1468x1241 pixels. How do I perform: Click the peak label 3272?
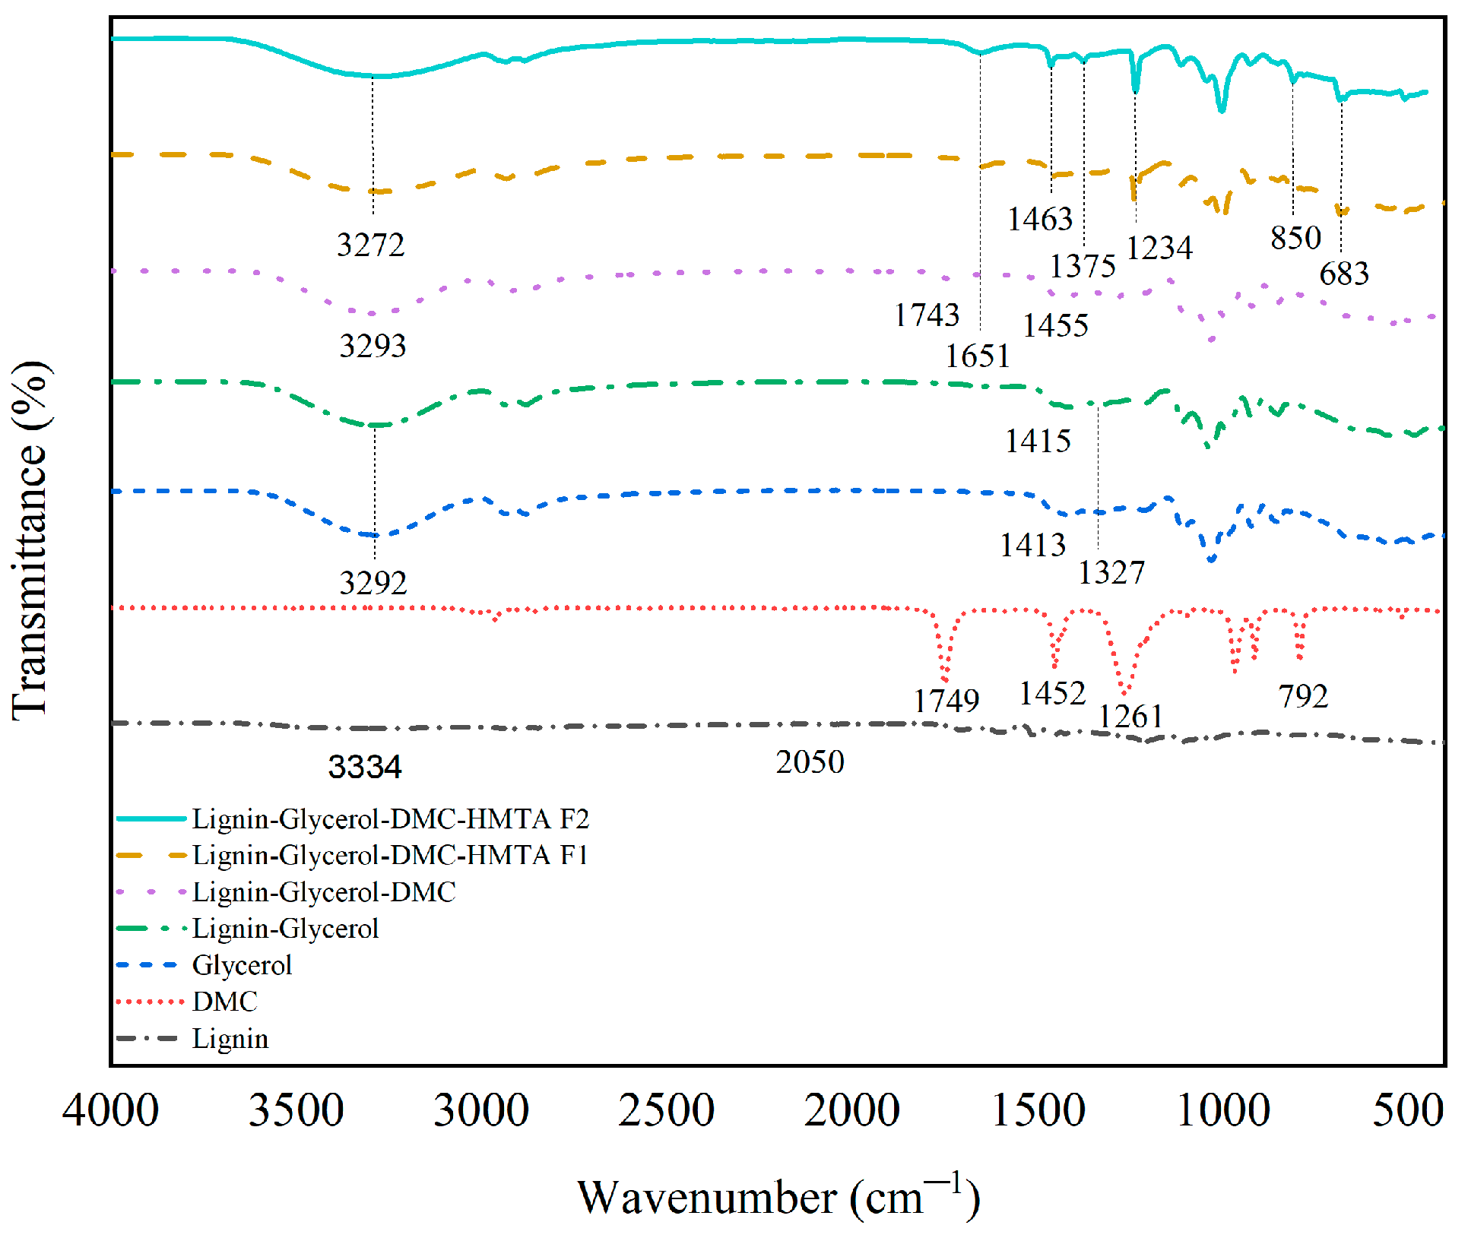click(370, 245)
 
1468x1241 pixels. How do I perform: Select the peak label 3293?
click(373, 346)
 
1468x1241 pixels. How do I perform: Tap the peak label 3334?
click(364, 767)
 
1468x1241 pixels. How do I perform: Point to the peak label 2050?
click(810, 761)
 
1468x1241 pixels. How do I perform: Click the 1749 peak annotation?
click(946, 700)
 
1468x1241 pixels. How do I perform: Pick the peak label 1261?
click(1130, 716)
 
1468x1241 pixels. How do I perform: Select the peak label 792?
click(1303, 695)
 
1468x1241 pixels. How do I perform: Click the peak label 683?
click(1343, 274)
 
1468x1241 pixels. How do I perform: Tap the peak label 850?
click(1295, 238)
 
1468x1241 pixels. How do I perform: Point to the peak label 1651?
click(978, 356)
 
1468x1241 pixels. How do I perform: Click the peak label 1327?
click(1111, 572)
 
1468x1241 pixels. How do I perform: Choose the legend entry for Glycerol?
click(242, 965)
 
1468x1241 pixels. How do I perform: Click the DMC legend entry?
click(225, 1002)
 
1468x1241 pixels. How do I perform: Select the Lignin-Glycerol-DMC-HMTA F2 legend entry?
click(390, 818)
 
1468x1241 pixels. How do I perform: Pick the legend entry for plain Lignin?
click(230, 1038)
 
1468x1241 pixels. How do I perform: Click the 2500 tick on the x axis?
click(666, 1110)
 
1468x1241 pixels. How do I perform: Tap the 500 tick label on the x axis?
click(1407, 1110)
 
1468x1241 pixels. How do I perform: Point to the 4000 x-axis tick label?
click(111, 1110)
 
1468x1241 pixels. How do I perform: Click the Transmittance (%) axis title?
click(30, 540)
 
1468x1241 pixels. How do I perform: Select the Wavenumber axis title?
click(778, 1197)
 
